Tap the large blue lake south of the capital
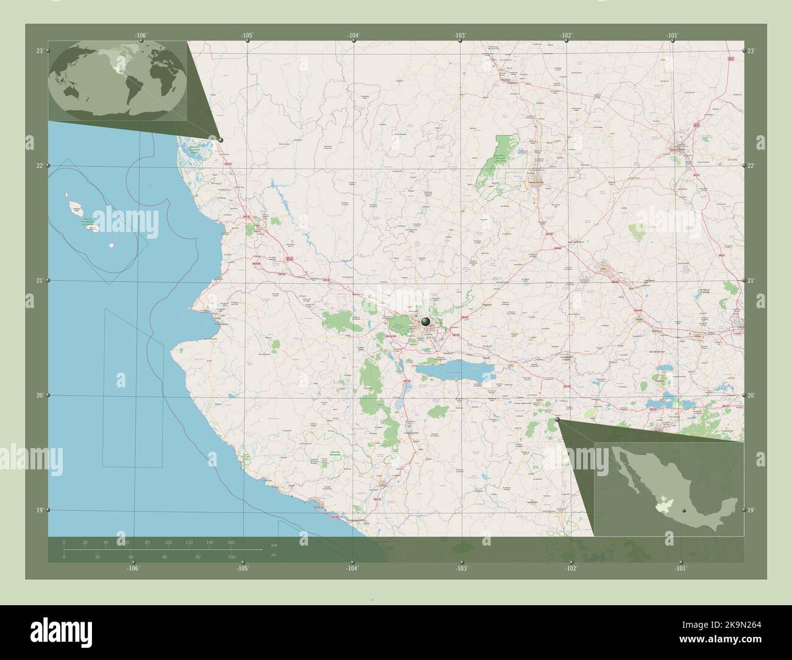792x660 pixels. (448, 367)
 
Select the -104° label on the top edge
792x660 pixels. (354, 36)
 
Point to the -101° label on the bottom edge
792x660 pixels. (681, 568)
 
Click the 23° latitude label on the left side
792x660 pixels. (39, 51)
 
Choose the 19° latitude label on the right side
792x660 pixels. (751, 510)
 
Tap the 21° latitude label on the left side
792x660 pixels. (39, 281)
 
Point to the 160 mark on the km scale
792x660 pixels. (230, 542)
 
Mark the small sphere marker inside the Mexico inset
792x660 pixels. (685, 509)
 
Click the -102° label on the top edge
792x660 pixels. (566, 36)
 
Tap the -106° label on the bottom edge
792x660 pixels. (133, 568)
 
